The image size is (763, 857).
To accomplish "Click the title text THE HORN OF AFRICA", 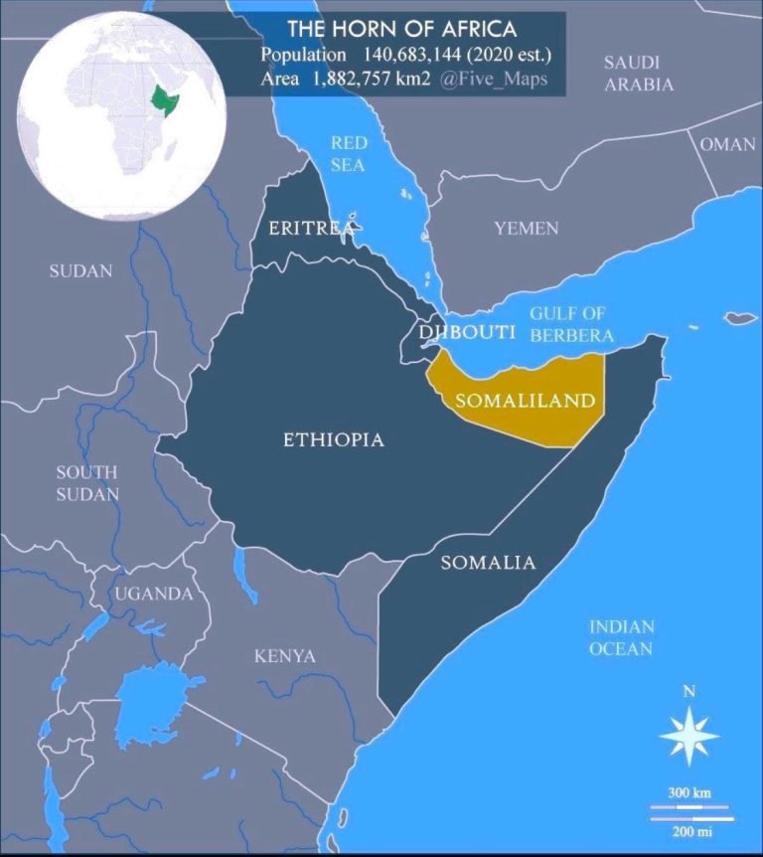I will coord(403,28).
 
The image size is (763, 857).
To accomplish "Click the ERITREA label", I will coord(309,229).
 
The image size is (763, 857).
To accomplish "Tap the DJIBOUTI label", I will coord(466,331).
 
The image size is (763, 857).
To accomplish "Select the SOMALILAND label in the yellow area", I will coord(525,402).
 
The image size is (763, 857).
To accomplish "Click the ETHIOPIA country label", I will coord(333,439).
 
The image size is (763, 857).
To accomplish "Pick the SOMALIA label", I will coord(488,563).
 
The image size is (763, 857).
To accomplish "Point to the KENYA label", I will coord(285,656).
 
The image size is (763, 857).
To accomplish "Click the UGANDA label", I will coord(153,594).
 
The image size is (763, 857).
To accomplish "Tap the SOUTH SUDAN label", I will coord(86,483).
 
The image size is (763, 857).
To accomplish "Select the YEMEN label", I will coord(527,229).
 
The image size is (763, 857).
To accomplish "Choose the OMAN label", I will coord(727,144).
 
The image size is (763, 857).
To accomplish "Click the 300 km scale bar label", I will coord(688,792).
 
